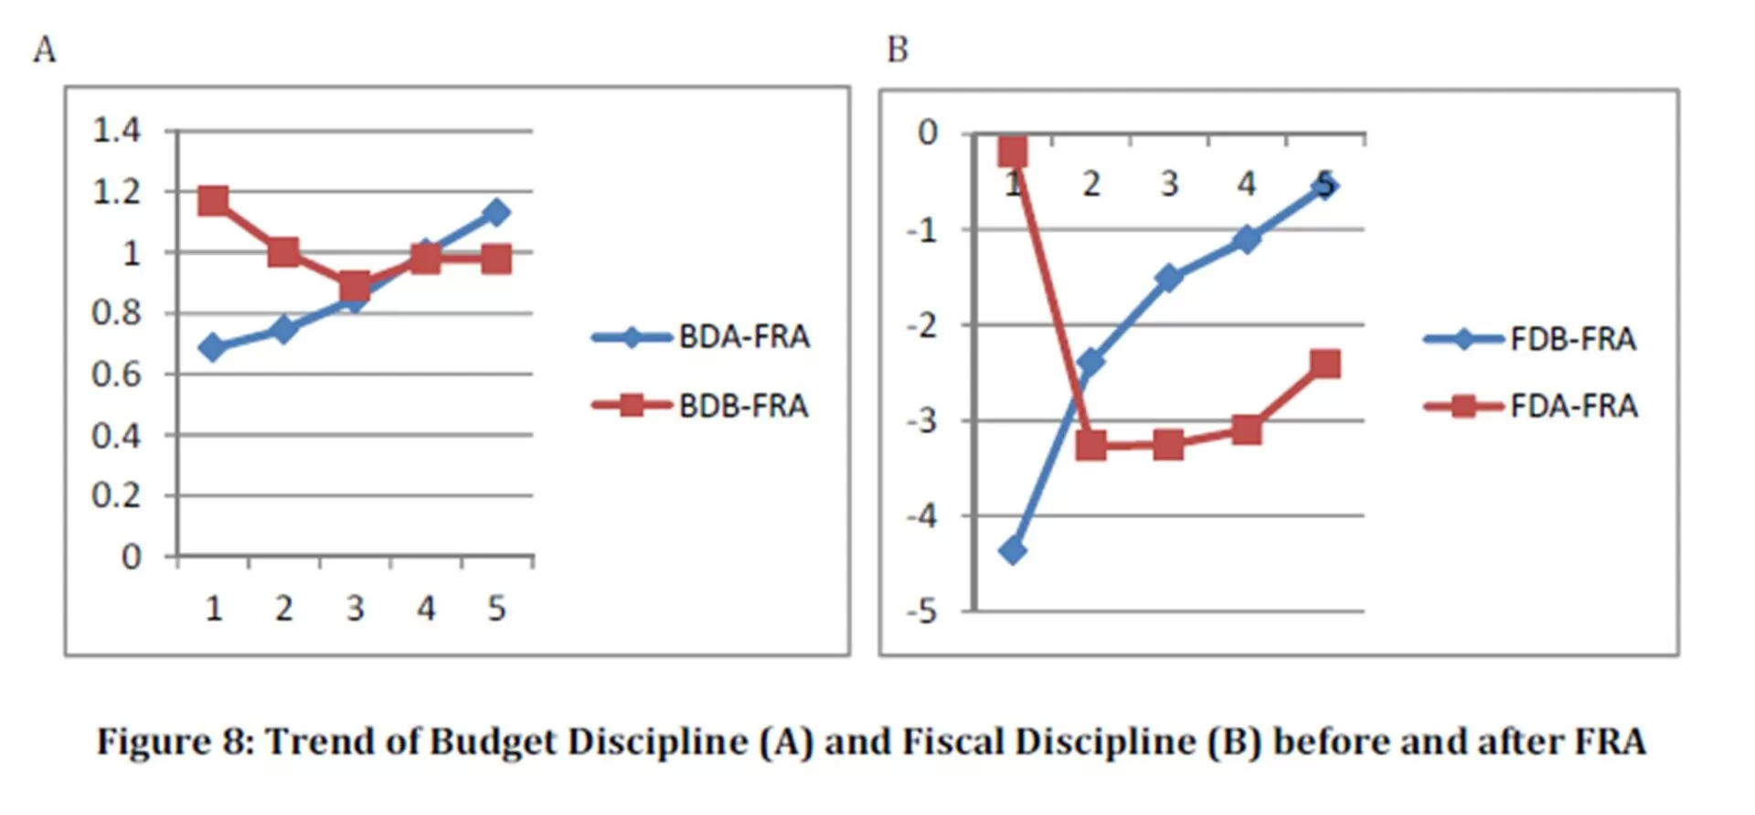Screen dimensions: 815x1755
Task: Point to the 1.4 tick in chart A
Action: point(116,131)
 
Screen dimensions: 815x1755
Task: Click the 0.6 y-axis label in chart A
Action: point(116,374)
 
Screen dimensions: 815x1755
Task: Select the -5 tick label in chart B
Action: point(923,610)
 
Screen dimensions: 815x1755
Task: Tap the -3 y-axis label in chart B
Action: point(923,421)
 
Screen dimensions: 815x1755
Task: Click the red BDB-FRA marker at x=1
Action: point(213,200)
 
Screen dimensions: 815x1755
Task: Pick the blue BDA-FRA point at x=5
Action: point(496,212)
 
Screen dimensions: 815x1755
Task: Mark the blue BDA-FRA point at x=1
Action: point(213,347)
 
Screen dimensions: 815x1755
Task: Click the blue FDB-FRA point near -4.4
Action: point(1013,550)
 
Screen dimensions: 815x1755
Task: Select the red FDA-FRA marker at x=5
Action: point(1325,364)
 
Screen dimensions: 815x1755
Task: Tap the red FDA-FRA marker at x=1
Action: point(1013,152)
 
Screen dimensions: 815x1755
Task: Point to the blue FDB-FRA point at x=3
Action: point(1169,277)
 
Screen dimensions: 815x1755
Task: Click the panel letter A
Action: point(45,49)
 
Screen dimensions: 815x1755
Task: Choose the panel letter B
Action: point(898,49)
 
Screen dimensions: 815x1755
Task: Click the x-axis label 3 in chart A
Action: point(355,609)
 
